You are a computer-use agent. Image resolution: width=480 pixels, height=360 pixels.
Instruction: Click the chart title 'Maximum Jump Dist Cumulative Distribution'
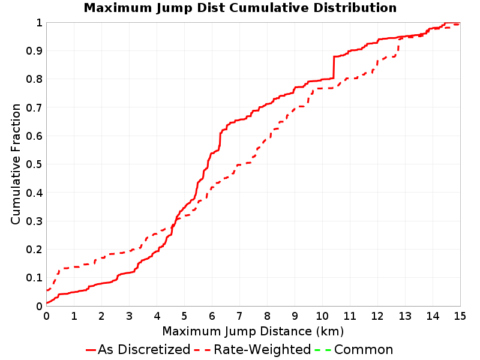click(x=240, y=8)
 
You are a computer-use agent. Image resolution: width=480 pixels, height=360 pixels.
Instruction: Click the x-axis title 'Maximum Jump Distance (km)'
click(x=253, y=331)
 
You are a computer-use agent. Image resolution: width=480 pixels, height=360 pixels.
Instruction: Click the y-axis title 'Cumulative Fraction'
click(x=16, y=164)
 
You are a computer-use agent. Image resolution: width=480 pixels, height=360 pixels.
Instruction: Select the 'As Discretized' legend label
click(x=144, y=349)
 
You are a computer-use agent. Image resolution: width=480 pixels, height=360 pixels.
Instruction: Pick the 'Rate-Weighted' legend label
click(x=262, y=349)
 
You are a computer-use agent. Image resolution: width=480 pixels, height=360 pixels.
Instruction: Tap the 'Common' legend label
click(x=364, y=349)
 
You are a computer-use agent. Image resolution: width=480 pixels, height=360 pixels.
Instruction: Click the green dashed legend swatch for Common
click(x=323, y=350)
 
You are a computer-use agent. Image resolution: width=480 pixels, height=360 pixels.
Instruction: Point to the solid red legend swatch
click(x=91, y=350)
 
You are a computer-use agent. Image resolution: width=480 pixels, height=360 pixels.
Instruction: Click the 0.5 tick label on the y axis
click(x=34, y=164)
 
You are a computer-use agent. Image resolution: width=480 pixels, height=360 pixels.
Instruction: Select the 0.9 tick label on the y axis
click(x=34, y=50)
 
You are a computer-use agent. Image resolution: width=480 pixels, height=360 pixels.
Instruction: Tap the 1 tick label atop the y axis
click(x=39, y=22)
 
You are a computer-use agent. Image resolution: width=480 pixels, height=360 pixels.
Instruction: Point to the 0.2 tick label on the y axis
click(x=34, y=249)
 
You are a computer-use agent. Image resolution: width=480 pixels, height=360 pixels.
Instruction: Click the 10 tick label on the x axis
click(x=322, y=316)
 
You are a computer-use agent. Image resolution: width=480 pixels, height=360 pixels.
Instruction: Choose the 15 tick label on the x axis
click(x=460, y=316)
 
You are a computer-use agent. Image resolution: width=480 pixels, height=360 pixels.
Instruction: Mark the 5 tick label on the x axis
click(x=184, y=316)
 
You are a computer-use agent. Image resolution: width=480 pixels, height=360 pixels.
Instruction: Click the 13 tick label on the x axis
click(x=404, y=316)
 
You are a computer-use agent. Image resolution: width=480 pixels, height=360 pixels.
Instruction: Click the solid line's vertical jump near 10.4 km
click(x=334, y=67)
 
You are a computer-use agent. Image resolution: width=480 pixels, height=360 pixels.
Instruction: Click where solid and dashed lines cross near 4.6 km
click(x=173, y=226)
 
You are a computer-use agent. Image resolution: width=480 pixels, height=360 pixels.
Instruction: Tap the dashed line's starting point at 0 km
click(x=47, y=290)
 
